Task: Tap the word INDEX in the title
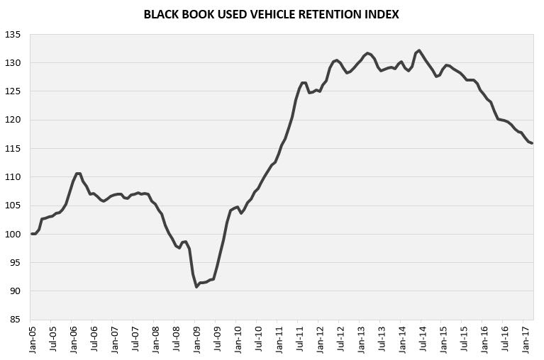379,13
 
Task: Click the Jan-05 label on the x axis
33,339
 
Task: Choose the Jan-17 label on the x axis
526,339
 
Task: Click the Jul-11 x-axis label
300,339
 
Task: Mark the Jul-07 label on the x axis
135,339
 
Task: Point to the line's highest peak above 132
419,50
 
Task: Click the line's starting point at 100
32,234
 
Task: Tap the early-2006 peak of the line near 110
77,174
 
